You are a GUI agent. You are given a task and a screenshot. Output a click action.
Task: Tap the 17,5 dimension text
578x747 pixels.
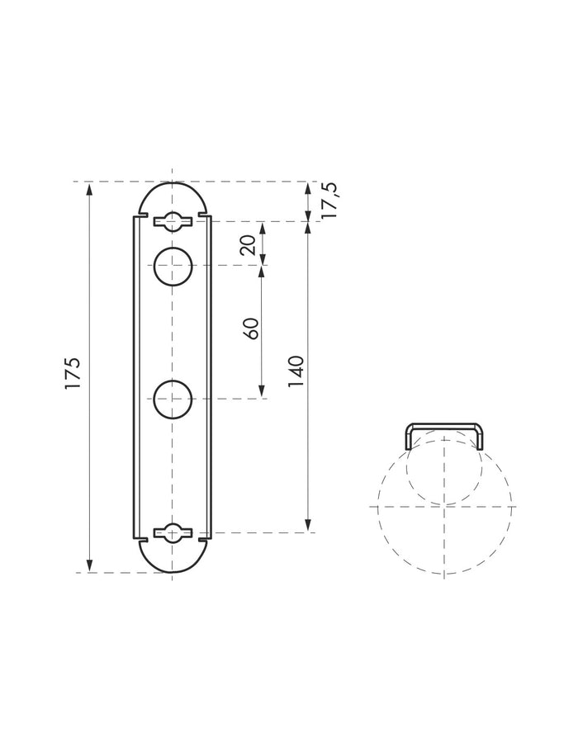pyautogui.click(x=329, y=201)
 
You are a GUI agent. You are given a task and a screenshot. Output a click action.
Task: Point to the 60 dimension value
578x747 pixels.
pyautogui.click(x=252, y=328)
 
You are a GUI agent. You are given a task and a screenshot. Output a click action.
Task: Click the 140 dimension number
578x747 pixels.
pyautogui.click(x=297, y=371)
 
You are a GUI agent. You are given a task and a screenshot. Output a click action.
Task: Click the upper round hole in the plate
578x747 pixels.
pyautogui.click(x=173, y=266)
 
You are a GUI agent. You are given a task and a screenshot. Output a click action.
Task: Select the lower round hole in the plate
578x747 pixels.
pyautogui.click(x=173, y=400)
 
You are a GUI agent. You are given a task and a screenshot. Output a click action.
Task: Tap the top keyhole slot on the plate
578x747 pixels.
pyautogui.click(x=173, y=220)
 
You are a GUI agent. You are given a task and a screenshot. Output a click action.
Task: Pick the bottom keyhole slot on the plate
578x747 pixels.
pyautogui.click(x=173, y=533)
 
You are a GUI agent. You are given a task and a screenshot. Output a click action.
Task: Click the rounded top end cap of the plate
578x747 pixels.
pyautogui.click(x=173, y=198)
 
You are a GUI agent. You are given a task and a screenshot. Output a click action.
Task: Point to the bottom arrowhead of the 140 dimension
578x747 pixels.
pyautogui.click(x=308, y=527)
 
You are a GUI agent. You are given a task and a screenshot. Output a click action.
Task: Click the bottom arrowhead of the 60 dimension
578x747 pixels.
pyautogui.click(x=262, y=393)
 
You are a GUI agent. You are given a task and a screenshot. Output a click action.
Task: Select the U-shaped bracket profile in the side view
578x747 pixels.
pyautogui.click(x=444, y=426)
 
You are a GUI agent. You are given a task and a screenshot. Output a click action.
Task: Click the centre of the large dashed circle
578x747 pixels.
pyautogui.click(x=445, y=505)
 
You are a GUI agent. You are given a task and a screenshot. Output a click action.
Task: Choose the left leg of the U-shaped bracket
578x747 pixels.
pyautogui.click(x=407, y=437)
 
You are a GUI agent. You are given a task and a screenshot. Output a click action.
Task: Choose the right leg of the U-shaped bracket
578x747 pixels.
pyautogui.click(x=481, y=437)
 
